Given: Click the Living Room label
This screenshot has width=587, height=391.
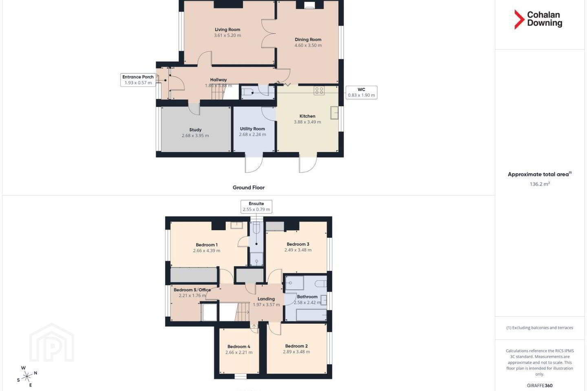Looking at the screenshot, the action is pos(227,30).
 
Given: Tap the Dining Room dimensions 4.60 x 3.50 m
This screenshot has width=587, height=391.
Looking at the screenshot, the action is pos(308,45).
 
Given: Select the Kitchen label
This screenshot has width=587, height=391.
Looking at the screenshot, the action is pos(307,116).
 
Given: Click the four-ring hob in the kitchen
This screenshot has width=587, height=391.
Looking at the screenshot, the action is pos(319,90).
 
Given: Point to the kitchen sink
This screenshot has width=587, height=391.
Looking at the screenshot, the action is pos(334,113).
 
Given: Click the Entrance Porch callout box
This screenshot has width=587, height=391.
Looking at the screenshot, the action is pos(138,79).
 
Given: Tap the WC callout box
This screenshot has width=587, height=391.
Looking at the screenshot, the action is pos(361,92).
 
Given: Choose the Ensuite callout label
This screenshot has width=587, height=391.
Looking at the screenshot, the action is pos(256,204).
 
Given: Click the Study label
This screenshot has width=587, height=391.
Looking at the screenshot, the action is pos(195,130).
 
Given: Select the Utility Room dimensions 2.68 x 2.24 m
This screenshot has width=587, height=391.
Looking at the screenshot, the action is pos(252,135).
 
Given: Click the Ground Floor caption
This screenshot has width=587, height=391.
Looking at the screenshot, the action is pos(249,187).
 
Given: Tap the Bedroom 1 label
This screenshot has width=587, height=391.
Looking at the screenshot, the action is pos(207,245).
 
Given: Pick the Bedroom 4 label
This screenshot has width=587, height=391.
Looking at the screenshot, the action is pos(239,347).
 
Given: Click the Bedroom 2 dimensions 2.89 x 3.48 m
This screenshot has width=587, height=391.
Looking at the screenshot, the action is pos(296,352).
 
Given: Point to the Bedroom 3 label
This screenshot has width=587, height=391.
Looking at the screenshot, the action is pos(298,244).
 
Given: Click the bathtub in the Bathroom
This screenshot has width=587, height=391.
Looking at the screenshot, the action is pos(311,314).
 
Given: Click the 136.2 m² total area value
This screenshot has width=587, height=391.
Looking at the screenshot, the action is pos(540,184).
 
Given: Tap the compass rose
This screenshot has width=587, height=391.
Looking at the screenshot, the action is pos(27,377).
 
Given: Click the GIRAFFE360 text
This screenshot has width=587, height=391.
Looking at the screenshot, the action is pos(540,385).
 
